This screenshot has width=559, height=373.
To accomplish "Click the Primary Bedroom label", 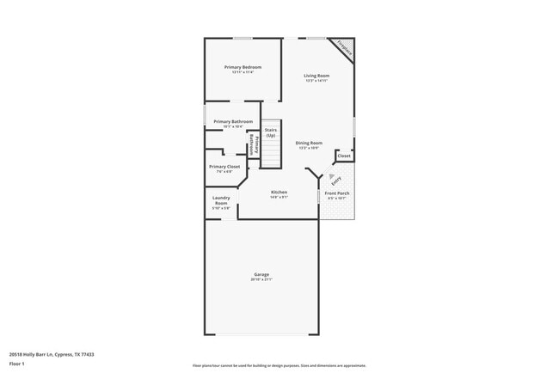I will pyautogui.click(x=243, y=67).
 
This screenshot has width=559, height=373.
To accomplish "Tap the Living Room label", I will pyautogui.click(x=316, y=76).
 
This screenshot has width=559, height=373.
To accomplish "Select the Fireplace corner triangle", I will pyautogui.click(x=347, y=47).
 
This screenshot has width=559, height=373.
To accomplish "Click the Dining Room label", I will pyautogui.click(x=309, y=143).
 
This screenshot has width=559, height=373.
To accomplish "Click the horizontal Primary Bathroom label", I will pyautogui.click(x=233, y=122).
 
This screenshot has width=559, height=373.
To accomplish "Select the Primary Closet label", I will pyautogui.click(x=224, y=167).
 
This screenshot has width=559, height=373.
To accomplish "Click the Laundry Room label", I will pyautogui.click(x=221, y=200).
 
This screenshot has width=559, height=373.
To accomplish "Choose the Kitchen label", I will pyautogui.click(x=279, y=192).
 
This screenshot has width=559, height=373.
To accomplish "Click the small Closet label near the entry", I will pyautogui.click(x=344, y=156).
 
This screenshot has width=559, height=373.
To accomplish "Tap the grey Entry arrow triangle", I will pyautogui.click(x=331, y=176).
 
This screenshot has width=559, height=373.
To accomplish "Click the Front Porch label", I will pyautogui.click(x=336, y=193).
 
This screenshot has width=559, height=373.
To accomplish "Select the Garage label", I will pyautogui.click(x=261, y=275).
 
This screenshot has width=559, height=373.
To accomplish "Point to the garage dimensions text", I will pyautogui.click(x=261, y=280).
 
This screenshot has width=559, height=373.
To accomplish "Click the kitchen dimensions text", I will pyautogui.click(x=279, y=197).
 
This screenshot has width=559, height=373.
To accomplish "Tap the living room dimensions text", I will pyautogui.click(x=316, y=81).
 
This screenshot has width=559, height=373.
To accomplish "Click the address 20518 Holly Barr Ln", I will pyautogui.click(x=52, y=354).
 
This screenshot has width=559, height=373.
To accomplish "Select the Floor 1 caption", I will pyautogui.click(x=17, y=364).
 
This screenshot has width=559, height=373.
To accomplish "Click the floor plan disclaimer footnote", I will pyautogui.click(x=279, y=364).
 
